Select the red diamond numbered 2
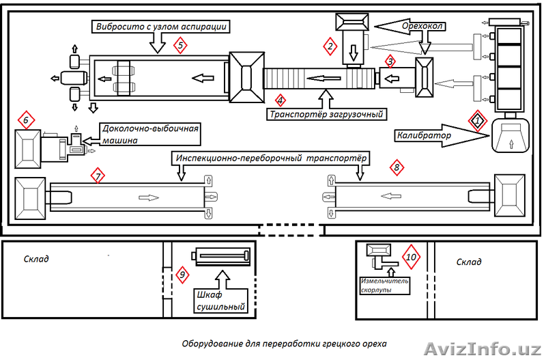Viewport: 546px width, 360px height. [x=331, y=46]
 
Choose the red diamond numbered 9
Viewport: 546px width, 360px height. [x=182, y=275]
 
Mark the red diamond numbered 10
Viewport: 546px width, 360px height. [x=410, y=257]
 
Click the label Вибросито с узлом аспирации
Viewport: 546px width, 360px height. [x=159, y=26]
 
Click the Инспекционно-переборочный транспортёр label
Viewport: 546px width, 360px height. [x=271, y=158]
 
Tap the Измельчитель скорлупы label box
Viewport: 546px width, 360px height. [x=384, y=285]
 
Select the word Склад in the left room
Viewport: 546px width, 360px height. [x=36, y=259]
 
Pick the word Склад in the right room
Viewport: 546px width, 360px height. [x=469, y=262]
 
